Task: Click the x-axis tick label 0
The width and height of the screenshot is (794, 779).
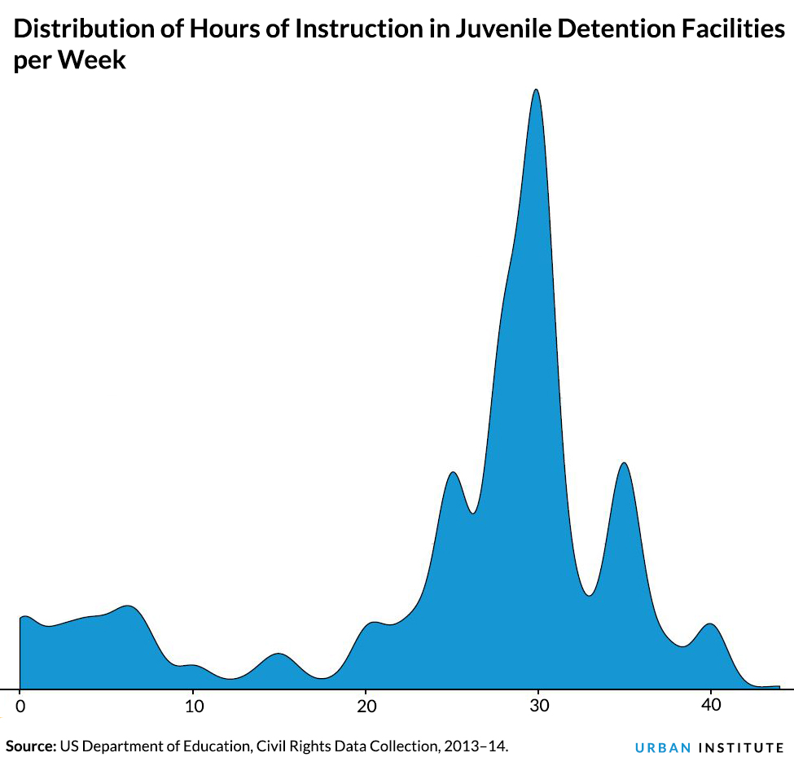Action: pos(20,704)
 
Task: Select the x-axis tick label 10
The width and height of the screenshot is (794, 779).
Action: pos(192,704)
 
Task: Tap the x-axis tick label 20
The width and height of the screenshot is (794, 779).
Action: pos(366,704)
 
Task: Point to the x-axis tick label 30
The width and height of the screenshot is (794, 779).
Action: pos(538,704)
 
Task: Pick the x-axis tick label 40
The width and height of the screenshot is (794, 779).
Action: pos(711,704)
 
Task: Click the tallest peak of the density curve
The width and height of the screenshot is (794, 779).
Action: pos(536,90)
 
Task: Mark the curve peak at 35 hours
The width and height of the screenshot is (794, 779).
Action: pos(624,463)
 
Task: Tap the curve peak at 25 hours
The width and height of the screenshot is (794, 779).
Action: pos(453,472)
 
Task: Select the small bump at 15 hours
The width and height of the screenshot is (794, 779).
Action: pos(279,654)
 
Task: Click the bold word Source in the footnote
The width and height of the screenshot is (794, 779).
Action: pos(30,746)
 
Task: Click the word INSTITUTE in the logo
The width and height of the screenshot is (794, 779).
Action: pos(741,747)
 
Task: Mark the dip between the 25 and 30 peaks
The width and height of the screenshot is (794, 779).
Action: pos(473,513)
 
